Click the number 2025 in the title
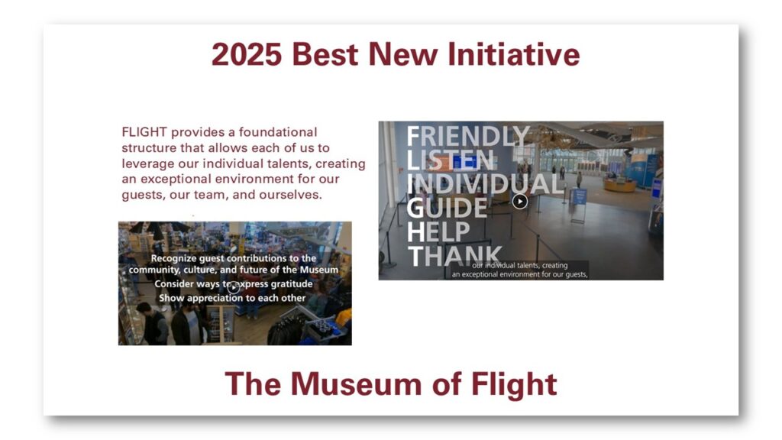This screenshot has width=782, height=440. [247, 54]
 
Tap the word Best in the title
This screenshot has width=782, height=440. [325, 54]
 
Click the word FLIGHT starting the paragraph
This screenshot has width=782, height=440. [144, 132]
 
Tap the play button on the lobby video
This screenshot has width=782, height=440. [519, 201]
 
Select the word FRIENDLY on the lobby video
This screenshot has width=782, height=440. [468, 137]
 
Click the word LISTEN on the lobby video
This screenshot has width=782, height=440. [451, 160]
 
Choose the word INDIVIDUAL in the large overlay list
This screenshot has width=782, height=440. [485, 184]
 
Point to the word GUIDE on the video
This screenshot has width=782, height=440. [447, 208]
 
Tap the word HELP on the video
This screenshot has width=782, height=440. [438, 232]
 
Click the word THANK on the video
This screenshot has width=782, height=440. [455, 256]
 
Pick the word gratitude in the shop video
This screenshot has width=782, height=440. [292, 284]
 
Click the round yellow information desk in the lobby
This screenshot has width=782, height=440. [620, 185]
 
